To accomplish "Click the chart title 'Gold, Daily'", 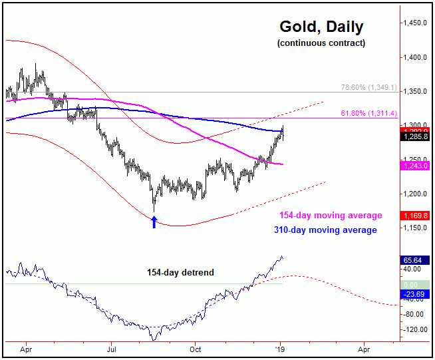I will tap(321, 27).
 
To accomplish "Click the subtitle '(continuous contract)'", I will tap(321, 43).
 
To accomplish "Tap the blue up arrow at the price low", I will tap(154, 222).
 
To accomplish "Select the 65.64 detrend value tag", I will tap(414, 260).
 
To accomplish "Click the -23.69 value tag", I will tap(414, 293).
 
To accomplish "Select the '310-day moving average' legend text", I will tap(325, 230).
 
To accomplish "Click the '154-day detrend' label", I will tap(176, 272).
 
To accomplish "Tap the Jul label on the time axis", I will tap(111, 348).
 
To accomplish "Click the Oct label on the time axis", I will tap(196, 348).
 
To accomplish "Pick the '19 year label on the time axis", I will tap(280, 348).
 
